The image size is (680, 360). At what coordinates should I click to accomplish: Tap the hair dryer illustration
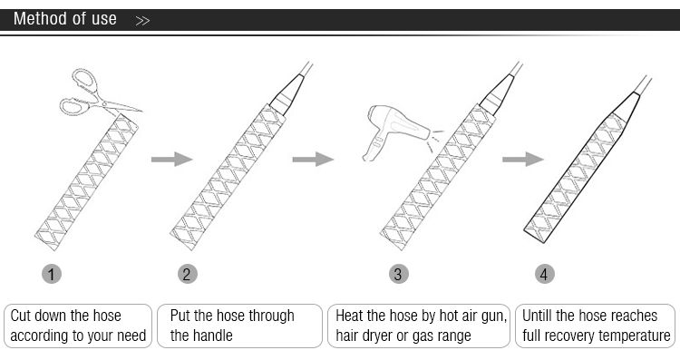[x=393, y=130]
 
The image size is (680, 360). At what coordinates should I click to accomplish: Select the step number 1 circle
[x=52, y=274]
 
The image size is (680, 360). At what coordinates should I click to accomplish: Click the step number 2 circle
[x=188, y=274]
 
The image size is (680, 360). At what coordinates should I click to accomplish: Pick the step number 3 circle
[x=399, y=274]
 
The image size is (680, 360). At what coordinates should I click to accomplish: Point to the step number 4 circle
[x=544, y=274]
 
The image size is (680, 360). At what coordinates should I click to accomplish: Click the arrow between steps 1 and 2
[x=171, y=160]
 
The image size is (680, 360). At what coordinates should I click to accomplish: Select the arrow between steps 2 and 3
[x=313, y=160]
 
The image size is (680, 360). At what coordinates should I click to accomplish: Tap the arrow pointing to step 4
[x=523, y=160]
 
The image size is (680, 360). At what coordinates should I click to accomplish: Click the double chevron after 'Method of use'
[x=142, y=20]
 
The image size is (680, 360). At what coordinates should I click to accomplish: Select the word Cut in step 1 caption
[x=20, y=316]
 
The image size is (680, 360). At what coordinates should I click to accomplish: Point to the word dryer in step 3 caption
[x=379, y=336]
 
